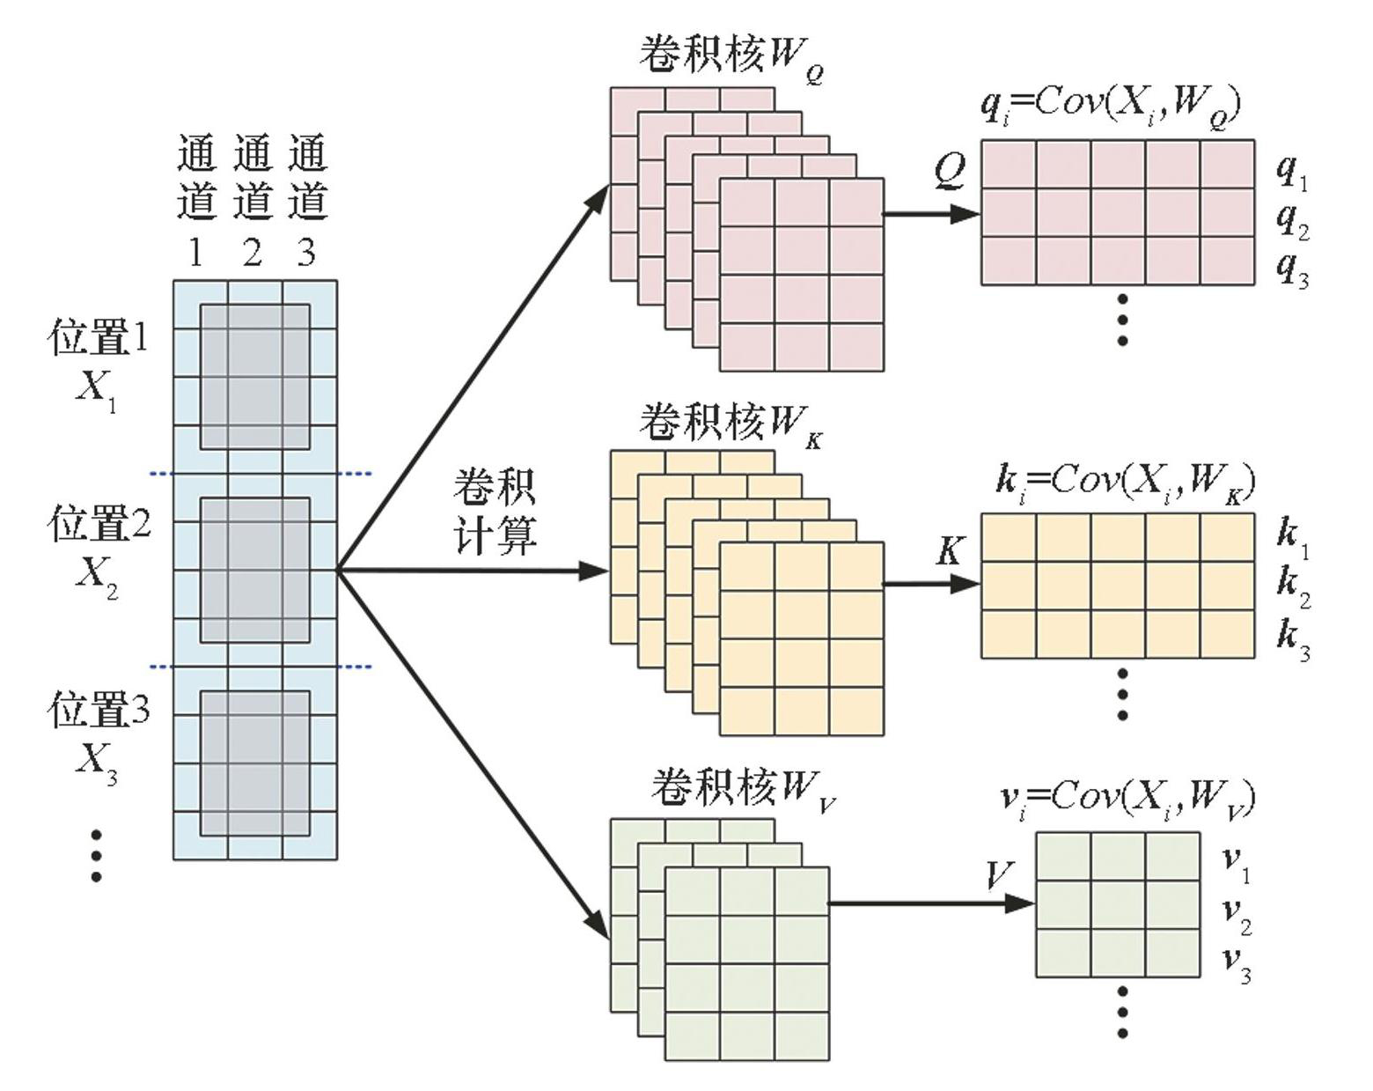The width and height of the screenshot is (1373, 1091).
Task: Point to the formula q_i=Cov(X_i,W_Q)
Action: [1111, 107]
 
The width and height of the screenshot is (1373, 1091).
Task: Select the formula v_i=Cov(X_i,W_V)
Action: [1127, 799]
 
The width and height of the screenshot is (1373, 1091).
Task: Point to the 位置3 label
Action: [99, 710]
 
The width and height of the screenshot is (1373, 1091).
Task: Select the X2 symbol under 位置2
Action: [96, 576]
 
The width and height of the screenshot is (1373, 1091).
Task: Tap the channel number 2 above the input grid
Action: [253, 254]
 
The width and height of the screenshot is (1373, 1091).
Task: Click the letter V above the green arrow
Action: [999, 876]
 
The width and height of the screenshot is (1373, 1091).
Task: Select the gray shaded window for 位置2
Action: [255, 570]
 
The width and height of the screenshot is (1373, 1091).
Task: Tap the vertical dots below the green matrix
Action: [1122, 1013]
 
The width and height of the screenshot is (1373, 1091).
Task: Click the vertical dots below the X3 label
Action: [96, 854]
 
